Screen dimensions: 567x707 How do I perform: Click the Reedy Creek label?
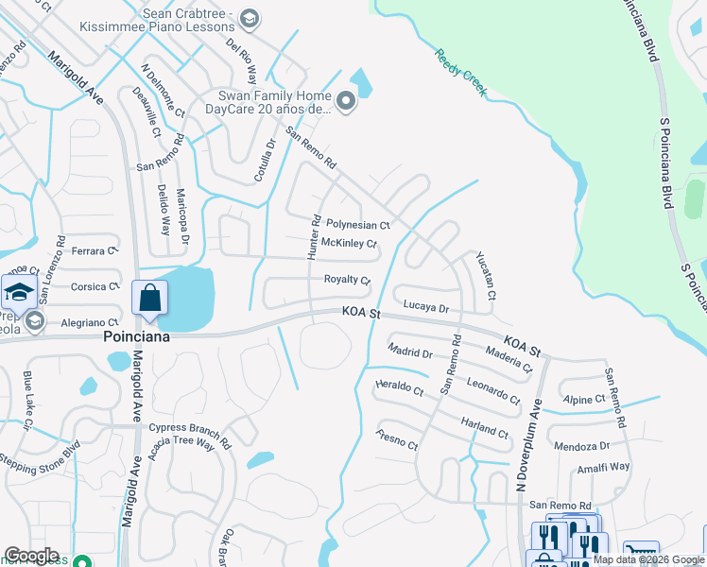pyautogui.click(x=460, y=72)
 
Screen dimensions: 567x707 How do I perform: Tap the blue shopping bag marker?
pyautogui.click(x=149, y=298)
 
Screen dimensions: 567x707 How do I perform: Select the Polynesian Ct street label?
pyautogui.click(x=357, y=225)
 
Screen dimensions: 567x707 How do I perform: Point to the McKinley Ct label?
pyautogui.click(x=349, y=243)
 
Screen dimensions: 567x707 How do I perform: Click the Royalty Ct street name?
pyautogui.click(x=347, y=280)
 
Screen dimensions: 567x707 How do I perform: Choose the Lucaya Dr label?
pyautogui.click(x=425, y=307)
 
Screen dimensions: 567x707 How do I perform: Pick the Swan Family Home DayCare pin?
pyautogui.click(x=345, y=101)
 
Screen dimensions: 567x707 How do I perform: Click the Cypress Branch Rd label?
pyautogui.click(x=190, y=433)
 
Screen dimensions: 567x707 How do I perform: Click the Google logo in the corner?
pyautogui.click(x=31, y=556)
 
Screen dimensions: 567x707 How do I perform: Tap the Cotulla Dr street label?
pyautogui.click(x=265, y=161)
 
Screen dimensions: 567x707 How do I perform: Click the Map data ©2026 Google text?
pyautogui.click(x=648, y=559)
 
